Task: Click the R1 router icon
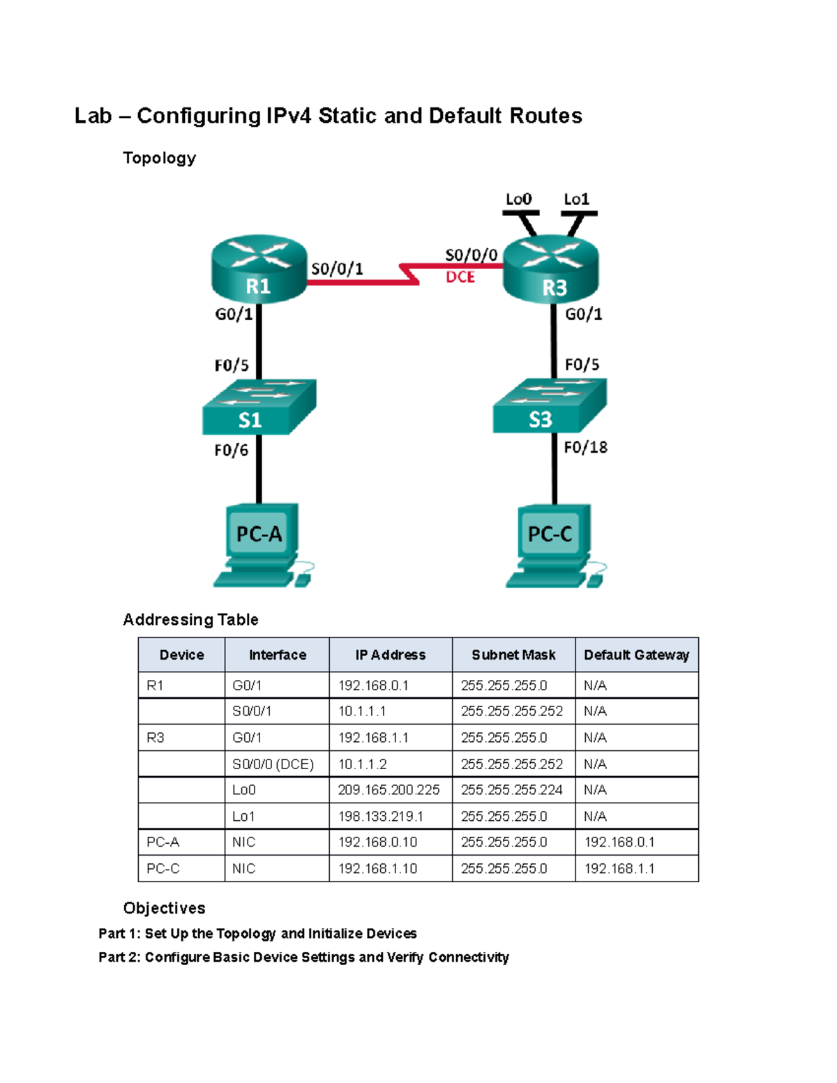(259, 269)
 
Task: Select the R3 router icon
(551, 271)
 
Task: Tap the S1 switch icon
(259, 407)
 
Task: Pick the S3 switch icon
(550, 407)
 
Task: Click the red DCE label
(460, 278)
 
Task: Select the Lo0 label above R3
(518, 199)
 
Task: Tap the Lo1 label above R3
(576, 199)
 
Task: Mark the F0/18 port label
(585, 447)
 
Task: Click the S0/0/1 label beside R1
(337, 269)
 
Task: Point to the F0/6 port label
(231, 450)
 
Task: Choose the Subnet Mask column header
(513, 655)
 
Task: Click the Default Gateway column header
(636, 655)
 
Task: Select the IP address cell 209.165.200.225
(389, 790)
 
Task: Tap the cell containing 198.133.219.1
(381, 817)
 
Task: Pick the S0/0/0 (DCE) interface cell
(273, 764)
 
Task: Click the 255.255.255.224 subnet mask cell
(512, 790)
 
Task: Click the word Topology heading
(159, 158)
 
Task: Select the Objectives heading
(164, 908)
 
